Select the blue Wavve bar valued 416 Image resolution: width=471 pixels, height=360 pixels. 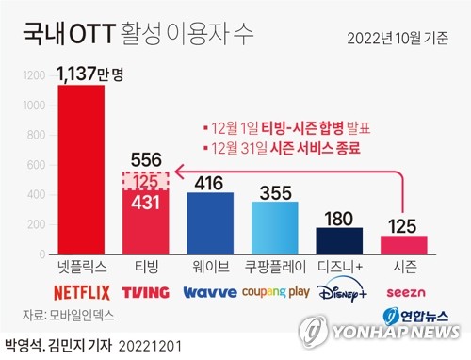(209, 223)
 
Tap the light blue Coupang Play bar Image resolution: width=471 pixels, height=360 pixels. (274, 228)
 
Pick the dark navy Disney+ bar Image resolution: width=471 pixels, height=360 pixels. (339, 241)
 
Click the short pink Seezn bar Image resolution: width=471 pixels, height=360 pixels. (403, 245)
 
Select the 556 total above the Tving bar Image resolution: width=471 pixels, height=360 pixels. (145, 159)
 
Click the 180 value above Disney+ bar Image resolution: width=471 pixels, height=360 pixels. (339, 218)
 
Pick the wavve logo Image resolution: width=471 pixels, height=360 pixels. (209, 292)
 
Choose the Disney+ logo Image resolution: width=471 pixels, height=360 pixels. (339, 292)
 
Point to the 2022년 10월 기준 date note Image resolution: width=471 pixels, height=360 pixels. (397, 38)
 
